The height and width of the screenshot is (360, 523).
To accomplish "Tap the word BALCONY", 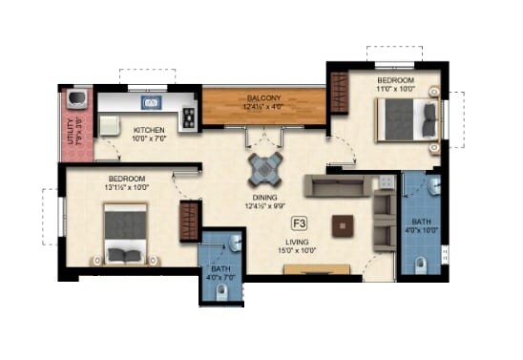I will pos(263,97).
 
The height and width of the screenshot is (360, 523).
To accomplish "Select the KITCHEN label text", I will pos(148,130).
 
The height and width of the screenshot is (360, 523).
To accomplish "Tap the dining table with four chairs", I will pos(264,170).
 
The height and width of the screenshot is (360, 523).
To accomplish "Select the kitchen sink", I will pos(151,102).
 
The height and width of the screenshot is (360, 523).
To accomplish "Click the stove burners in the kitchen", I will pos(189,116).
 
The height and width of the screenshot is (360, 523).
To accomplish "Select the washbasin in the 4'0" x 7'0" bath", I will pos(232,244).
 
